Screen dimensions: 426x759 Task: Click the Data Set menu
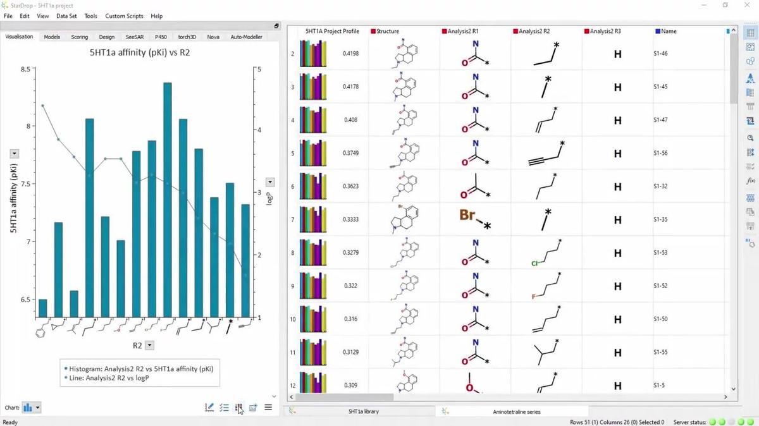click(66, 16)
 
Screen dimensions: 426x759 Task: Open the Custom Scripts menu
click(124, 16)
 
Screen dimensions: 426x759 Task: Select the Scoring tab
click(80, 37)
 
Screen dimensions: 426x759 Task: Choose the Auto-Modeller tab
click(246, 37)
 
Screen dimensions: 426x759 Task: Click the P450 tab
click(161, 37)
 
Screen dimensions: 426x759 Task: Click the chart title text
click(139, 53)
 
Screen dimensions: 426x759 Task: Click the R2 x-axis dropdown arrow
click(150, 345)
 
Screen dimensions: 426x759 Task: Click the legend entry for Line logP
click(113, 377)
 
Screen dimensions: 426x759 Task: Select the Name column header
click(669, 31)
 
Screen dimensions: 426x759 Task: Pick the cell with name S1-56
click(660, 153)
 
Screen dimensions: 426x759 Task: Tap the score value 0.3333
click(350, 219)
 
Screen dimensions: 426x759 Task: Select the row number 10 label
click(293, 319)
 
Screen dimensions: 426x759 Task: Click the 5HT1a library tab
click(363, 411)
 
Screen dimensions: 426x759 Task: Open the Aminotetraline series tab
click(516, 411)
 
